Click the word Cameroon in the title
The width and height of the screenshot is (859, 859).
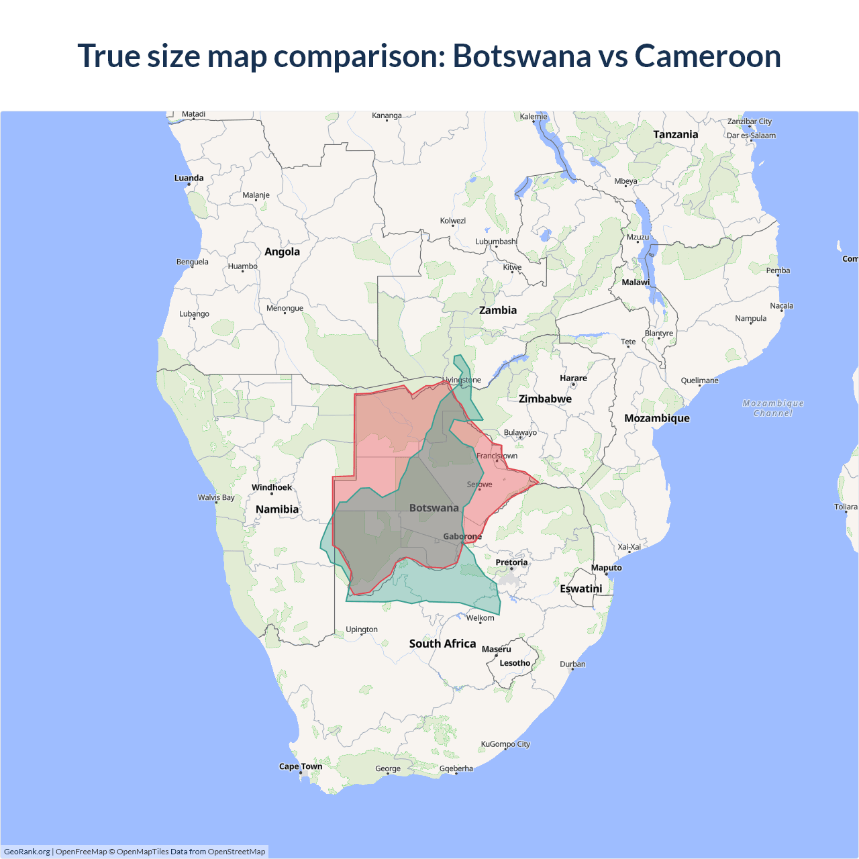coord(707,56)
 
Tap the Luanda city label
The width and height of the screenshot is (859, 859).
coord(189,178)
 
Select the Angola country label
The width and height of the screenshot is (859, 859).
coord(282,252)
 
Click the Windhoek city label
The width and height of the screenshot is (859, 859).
coord(272,487)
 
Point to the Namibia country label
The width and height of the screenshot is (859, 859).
coord(277,509)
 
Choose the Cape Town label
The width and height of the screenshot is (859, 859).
coord(301,766)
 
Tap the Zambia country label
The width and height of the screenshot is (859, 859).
coord(498,310)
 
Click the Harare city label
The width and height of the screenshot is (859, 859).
coord(573,378)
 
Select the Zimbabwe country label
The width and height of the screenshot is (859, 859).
coord(545,399)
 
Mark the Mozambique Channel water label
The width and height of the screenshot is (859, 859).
coord(773,408)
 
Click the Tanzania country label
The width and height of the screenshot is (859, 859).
coord(676,134)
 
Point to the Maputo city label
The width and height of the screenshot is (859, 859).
coord(607,568)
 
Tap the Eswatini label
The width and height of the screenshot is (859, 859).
coord(581,589)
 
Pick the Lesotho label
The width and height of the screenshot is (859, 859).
coord(515,663)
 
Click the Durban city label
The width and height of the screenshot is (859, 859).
coord(572,664)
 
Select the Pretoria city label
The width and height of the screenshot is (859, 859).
coord(511,562)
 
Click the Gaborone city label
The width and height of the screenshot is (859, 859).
coord(462,536)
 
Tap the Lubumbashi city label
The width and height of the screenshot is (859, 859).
coord(496,242)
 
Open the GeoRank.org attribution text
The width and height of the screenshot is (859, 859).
coord(27,852)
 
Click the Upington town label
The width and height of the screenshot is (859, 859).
coord(362,629)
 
